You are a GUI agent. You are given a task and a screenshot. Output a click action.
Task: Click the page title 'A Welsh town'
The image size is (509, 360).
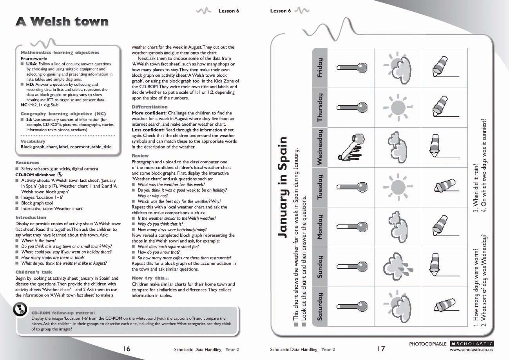(62, 22)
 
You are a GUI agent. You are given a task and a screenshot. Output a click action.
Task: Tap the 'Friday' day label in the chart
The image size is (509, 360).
(320, 68)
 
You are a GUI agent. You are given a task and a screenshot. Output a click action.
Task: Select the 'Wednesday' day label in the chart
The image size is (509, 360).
(320, 147)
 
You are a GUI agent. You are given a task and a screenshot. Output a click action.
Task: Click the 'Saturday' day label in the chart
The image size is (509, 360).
(320, 307)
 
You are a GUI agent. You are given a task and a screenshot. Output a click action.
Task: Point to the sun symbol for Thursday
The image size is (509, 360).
(397, 107)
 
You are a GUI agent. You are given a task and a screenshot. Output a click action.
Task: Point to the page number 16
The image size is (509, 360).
(126, 349)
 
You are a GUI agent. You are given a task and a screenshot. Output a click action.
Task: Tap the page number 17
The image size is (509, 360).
(381, 349)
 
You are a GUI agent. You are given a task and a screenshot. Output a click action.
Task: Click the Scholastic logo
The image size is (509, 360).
(471, 344)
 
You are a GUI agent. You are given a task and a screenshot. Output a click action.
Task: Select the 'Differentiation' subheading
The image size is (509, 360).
(149, 107)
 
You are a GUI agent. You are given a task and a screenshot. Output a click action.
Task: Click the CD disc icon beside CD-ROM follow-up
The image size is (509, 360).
(20, 310)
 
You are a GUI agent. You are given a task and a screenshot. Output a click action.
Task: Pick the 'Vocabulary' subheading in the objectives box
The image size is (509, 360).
(33, 141)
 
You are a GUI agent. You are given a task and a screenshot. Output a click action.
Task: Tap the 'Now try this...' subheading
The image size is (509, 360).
(148, 278)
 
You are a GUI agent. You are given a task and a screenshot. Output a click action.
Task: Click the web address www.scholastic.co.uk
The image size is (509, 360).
(471, 349)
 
